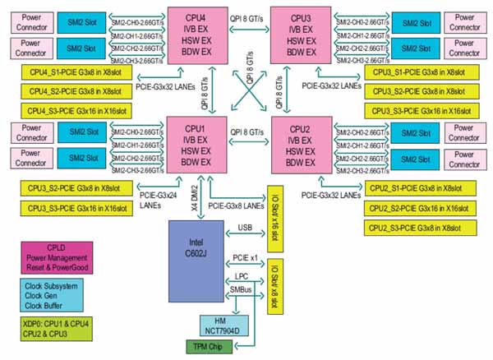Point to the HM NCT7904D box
219,325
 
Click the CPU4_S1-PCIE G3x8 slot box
78,72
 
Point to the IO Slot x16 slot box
274,213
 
